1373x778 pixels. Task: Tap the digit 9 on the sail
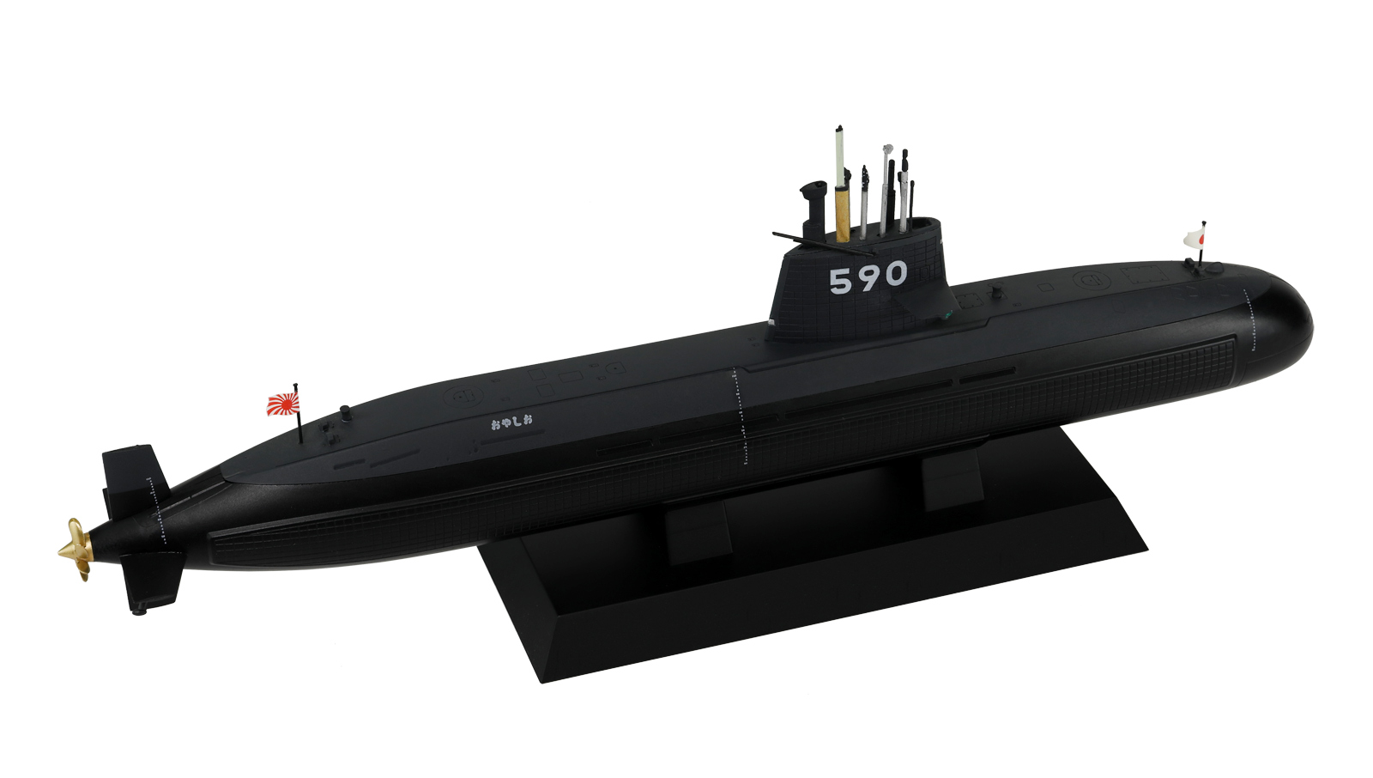click(x=868, y=277)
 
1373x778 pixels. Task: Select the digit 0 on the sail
click(x=895, y=274)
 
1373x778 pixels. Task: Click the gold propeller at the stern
click(x=76, y=550)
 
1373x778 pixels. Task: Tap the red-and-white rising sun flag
click(x=282, y=404)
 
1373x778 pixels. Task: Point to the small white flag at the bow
click(x=1195, y=237)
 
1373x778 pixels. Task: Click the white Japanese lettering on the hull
click(x=511, y=422)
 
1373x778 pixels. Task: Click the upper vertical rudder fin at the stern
click(x=133, y=472)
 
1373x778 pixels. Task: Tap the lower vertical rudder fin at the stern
click(x=150, y=579)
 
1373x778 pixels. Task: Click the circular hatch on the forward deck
click(x=1091, y=281)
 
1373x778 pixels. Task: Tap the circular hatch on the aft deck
click(x=464, y=397)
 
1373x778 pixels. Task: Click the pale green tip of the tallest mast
click(x=838, y=146)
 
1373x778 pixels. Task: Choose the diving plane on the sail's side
click(x=820, y=241)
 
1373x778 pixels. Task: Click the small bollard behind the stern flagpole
click(x=345, y=411)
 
